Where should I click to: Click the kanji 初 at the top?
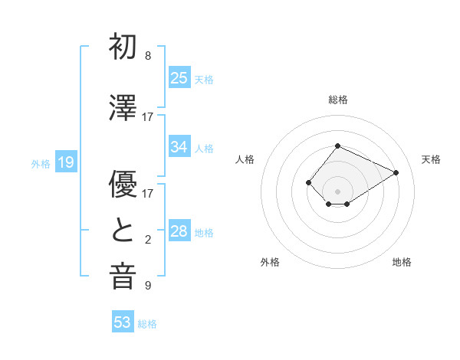123,46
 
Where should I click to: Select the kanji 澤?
123,107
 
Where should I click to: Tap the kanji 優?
123,184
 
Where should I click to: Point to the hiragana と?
123,230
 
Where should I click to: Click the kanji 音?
123,277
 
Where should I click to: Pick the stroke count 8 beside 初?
148,56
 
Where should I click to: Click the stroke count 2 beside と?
148,240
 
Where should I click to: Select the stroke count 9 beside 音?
148,286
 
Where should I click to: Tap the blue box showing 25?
179,77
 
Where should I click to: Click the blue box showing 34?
179,146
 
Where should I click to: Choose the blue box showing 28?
179,230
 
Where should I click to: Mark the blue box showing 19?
66,162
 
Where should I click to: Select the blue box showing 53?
123,321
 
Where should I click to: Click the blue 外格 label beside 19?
41,164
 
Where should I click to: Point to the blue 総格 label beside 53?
147,324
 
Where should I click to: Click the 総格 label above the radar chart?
338,100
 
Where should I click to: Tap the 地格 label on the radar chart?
402,262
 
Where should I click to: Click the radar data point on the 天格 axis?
396,172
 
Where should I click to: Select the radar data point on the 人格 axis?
308,182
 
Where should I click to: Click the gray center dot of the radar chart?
337,191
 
